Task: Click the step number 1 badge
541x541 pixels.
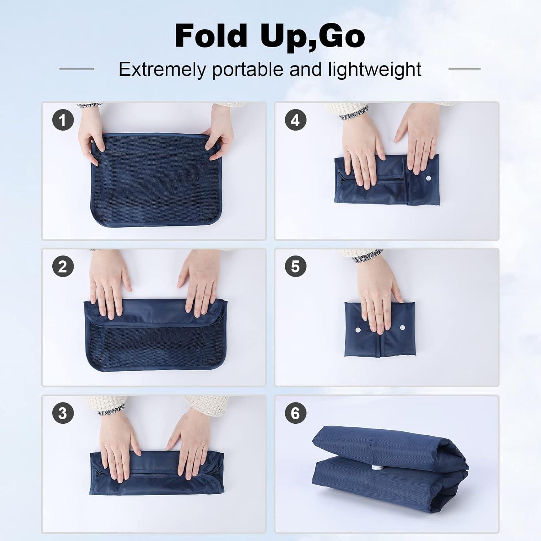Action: tap(63, 120)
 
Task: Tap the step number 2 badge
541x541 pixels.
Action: tap(63, 267)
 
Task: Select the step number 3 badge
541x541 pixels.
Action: tap(63, 413)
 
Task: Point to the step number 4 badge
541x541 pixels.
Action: tap(295, 120)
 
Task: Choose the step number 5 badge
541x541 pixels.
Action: tap(295, 267)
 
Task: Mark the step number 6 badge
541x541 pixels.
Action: tap(295, 413)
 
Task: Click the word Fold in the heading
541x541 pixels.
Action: tap(211, 36)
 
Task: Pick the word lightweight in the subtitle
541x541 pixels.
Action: tap(375, 69)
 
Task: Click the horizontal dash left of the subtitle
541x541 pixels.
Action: tap(76, 69)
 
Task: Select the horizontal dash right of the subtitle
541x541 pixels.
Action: tap(464, 69)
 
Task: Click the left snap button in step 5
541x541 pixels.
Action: tap(358, 330)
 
